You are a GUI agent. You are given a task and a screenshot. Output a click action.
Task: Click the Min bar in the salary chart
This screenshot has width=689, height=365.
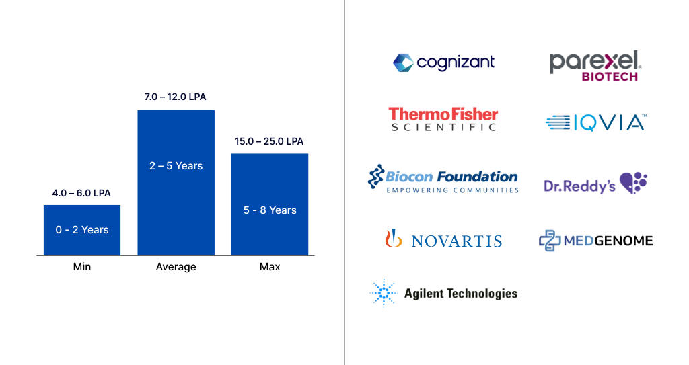(81, 230)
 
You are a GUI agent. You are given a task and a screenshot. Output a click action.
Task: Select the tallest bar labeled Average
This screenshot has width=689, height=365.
(176, 182)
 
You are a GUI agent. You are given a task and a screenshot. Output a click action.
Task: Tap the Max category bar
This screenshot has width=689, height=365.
(270, 204)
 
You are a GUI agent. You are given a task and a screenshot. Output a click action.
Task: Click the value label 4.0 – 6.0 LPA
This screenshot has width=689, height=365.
(81, 193)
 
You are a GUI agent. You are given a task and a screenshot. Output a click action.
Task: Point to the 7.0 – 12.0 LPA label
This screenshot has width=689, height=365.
(175, 97)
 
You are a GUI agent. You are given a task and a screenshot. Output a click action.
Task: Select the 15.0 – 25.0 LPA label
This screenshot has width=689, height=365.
(269, 141)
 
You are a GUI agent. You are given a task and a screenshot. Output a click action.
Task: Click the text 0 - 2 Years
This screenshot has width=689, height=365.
(82, 230)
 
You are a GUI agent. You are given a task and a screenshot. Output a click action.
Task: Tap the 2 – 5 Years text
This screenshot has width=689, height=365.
(176, 165)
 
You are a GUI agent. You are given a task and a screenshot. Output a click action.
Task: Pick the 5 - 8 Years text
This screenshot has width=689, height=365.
(270, 210)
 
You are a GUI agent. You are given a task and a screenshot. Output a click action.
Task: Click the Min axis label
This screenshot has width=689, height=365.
(81, 267)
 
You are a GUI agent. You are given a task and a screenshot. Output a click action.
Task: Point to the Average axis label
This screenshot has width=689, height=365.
(176, 267)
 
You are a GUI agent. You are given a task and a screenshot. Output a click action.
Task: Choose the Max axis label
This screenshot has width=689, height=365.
(270, 267)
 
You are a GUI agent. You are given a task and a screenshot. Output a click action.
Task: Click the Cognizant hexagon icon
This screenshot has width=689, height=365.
(402, 63)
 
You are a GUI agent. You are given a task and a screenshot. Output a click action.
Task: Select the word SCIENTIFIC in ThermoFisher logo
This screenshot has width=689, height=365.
(443, 127)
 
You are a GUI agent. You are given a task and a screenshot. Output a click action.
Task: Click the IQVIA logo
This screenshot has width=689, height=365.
(595, 122)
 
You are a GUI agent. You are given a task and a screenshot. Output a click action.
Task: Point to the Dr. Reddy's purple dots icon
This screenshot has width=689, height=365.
(633, 182)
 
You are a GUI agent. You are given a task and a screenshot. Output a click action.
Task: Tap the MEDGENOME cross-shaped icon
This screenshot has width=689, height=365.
(550, 240)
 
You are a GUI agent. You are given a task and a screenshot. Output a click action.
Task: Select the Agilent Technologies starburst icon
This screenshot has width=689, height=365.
(384, 293)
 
